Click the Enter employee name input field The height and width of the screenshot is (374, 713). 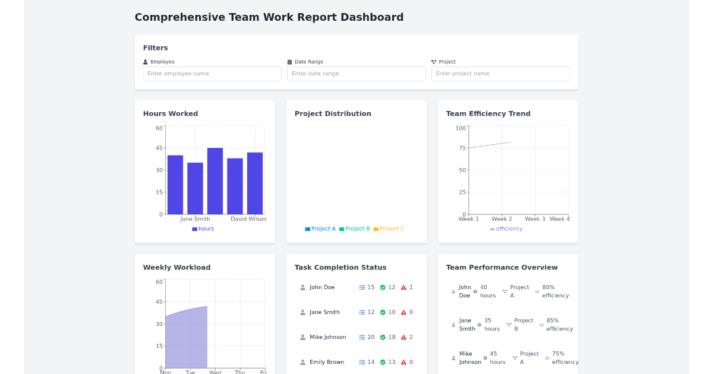click(x=212, y=74)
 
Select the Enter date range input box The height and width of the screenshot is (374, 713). click(x=356, y=74)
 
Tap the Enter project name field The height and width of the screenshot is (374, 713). click(x=500, y=74)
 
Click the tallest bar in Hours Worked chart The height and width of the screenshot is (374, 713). click(x=215, y=180)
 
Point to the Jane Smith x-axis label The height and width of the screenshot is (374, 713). click(x=195, y=219)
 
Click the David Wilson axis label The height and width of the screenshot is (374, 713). click(x=248, y=219)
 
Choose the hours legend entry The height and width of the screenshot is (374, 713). click(x=203, y=229)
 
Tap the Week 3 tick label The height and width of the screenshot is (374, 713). click(x=535, y=219)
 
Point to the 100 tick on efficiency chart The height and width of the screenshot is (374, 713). click(x=460, y=128)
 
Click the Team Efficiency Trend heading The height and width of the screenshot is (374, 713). click(x=488, y=113)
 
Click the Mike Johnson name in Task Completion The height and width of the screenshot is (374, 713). click(x=327, y=337)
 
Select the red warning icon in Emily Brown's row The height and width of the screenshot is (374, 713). click(x=403, y=362)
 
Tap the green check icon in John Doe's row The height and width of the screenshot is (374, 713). click(x=383, y=287)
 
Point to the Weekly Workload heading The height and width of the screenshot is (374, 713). click(x=176, y=267)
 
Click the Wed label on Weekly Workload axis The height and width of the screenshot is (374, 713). click(x=215, y=372)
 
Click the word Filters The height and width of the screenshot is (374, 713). click(x=155, y=47)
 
